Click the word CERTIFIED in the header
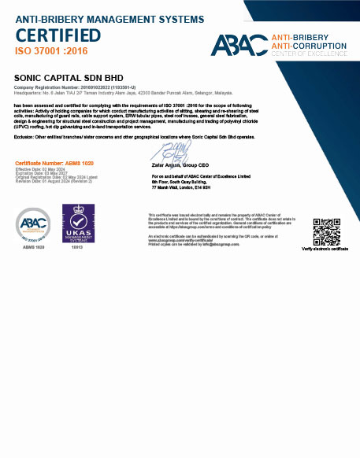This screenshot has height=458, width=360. coord(58,35)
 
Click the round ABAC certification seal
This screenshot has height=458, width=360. coord(33,225)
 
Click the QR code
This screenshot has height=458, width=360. coord(325,230)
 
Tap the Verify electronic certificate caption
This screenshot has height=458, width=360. coord(325,249)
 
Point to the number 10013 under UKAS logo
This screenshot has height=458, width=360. coord(77,247)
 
